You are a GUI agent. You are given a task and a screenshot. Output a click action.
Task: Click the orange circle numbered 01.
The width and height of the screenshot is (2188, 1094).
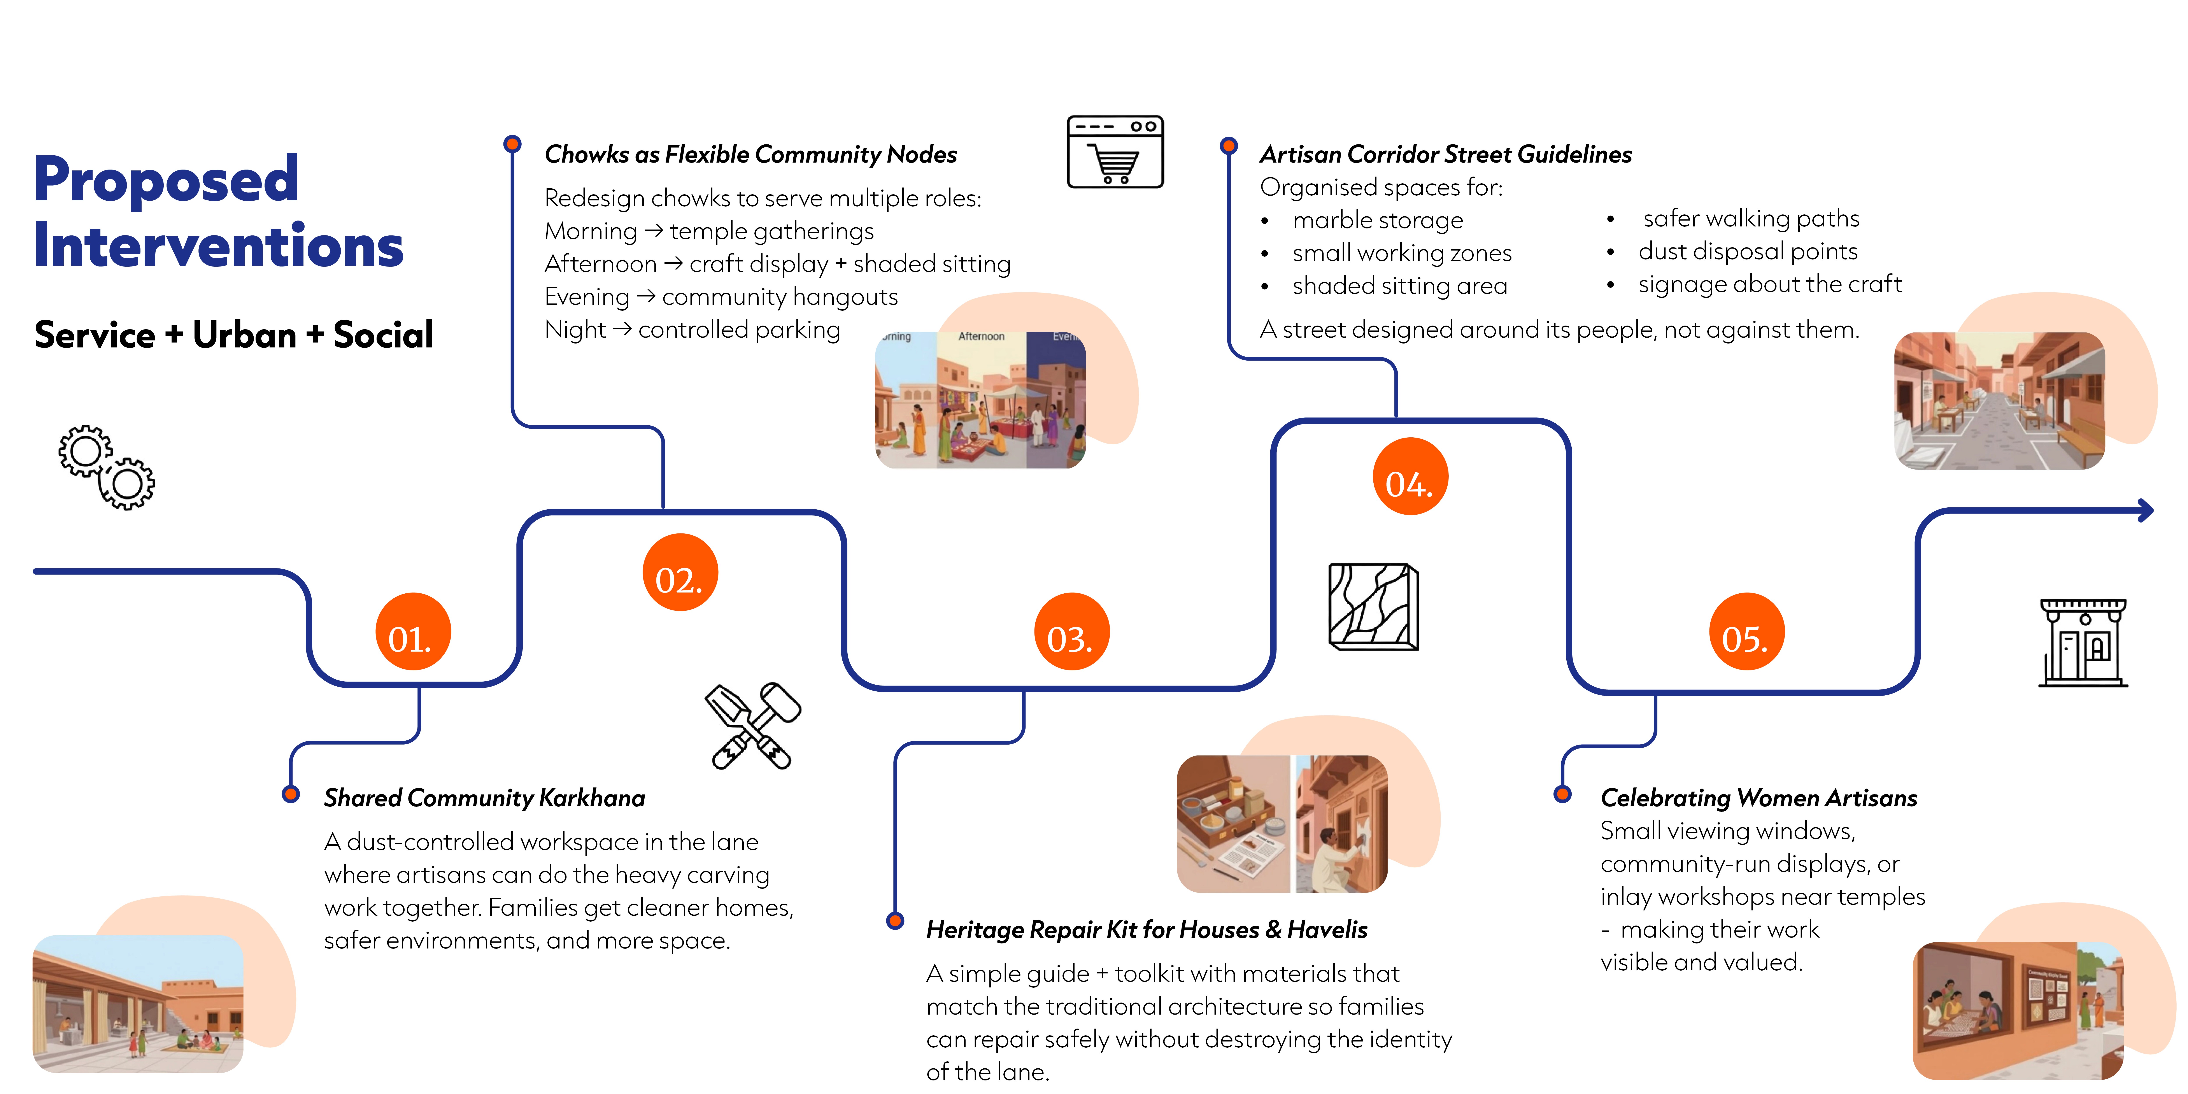[413, 632]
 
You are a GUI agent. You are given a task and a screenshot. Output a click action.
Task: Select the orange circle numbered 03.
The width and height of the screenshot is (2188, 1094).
[1071, 632]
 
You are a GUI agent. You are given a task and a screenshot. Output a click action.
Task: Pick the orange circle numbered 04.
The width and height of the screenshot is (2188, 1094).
[1410, 477]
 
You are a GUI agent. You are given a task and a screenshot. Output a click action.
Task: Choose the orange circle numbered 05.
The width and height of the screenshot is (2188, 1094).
[1746, 632]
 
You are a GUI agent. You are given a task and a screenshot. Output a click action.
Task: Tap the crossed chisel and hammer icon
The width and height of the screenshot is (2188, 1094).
[752, 726]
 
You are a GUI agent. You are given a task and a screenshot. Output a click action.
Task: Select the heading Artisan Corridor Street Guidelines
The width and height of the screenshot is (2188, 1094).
[1446, 155]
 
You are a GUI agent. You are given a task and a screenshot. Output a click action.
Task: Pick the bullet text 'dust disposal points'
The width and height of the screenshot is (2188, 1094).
[1748, 251]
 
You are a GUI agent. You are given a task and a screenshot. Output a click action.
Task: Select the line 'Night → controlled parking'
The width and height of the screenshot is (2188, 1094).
[692, 330]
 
